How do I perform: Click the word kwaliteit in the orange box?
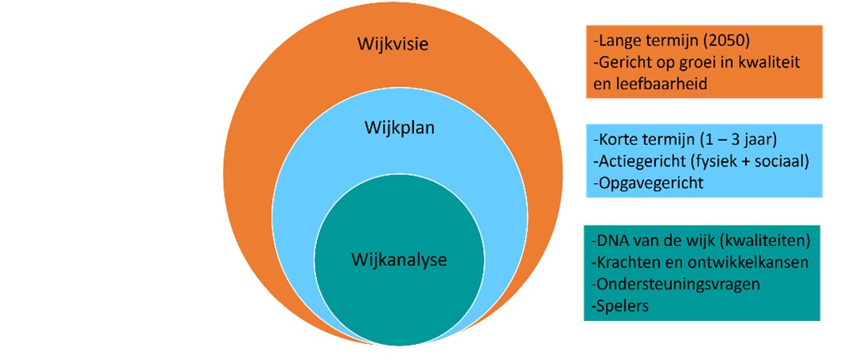tap(767, 61)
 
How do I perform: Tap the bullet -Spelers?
tap(619, 303)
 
